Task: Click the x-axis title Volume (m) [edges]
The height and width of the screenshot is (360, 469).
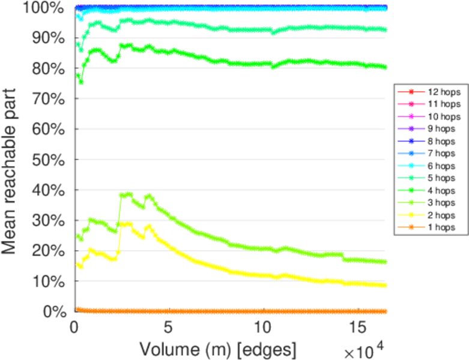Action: pyautogui.click(x=217, y=348)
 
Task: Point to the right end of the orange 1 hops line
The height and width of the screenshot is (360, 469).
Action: pyautogui.click(x=385, y=311)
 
